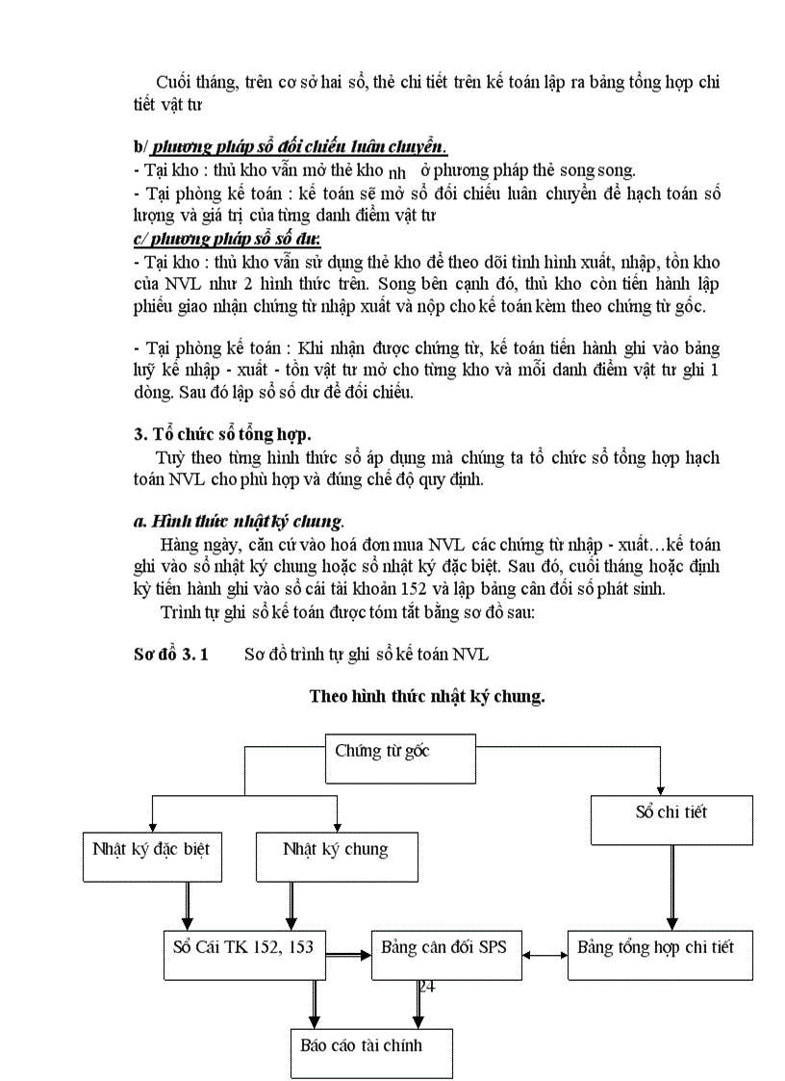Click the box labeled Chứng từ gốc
tap(402, 758)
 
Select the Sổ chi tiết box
tap(671, 818)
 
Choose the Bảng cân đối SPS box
tap(443, 954)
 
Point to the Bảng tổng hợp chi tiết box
tap(659, 954)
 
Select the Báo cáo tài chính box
tap(370, 1051)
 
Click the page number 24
tap(426, 986)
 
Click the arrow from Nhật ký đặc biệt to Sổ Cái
tap(186, 905)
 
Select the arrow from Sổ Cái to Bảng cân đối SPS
tap(347, 955)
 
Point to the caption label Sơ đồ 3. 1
tap(171, 655)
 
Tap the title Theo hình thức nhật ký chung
tap(426, 696)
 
